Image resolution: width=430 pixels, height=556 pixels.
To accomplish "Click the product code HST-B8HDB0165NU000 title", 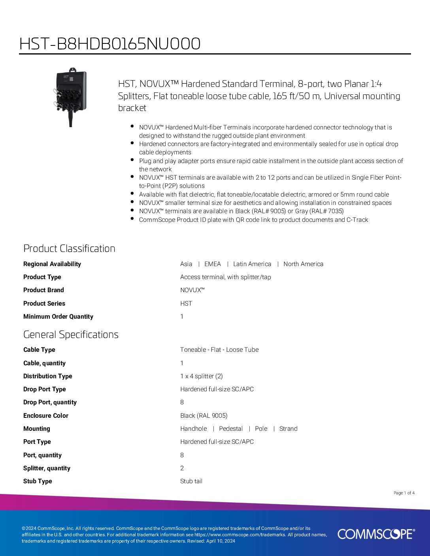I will pos(110,44).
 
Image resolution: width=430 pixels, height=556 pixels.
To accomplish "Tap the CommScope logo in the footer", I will pos(376,534).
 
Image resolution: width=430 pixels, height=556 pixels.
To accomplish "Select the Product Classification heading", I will pos(69,248).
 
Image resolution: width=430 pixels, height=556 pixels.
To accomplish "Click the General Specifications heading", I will pos(71,334).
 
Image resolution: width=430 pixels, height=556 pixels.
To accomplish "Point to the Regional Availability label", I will pos(52,264).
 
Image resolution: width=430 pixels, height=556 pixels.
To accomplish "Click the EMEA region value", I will pos(213,264).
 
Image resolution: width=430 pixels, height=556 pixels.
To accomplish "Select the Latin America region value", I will pos(252,264).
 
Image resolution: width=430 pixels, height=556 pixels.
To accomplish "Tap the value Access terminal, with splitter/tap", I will pos(225,277).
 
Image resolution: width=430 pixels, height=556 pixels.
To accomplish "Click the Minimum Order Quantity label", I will pos(58,317).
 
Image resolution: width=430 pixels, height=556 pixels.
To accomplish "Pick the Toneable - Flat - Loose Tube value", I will pos(219,350).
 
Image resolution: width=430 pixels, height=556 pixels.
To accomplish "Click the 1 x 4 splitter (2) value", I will pos(202,376).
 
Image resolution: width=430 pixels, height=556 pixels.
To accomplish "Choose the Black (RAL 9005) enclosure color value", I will pos(204,416).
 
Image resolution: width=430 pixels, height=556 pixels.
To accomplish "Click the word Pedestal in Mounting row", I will pos(231,429).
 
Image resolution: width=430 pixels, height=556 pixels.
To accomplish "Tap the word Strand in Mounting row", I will pos(288,429).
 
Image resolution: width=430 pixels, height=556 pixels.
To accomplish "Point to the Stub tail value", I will pos(191,481).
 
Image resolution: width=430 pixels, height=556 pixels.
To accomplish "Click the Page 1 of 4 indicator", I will pos(404,493).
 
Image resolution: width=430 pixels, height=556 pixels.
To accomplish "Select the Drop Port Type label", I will pos(45,389).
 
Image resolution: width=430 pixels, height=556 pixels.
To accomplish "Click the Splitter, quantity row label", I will pos(47,468).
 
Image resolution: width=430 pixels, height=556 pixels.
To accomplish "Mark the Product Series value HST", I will pos(186,304).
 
